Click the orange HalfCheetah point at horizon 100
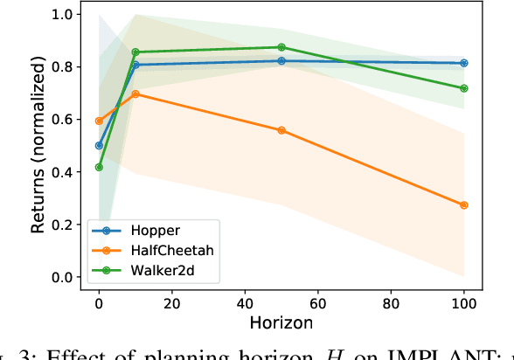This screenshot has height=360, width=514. pyautogui.click(x=463, y=205)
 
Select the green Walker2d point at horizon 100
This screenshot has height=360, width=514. pyautogui.click(x=463, y=88)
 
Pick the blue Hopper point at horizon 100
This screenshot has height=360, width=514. pyautogui.click(x=463, y=63)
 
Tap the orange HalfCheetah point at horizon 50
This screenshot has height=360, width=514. pyautogui.click(x=281, y=130)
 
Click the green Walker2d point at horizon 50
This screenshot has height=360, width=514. pyautogui.click(x=281, y=47)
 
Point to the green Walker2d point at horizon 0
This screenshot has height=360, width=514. pyautogui.click(x=99, y=167)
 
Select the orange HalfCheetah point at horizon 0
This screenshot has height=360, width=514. pyautogui.click(x=99, y=121)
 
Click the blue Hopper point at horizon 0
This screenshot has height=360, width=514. pyautogui.click(x=99, y=146)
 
